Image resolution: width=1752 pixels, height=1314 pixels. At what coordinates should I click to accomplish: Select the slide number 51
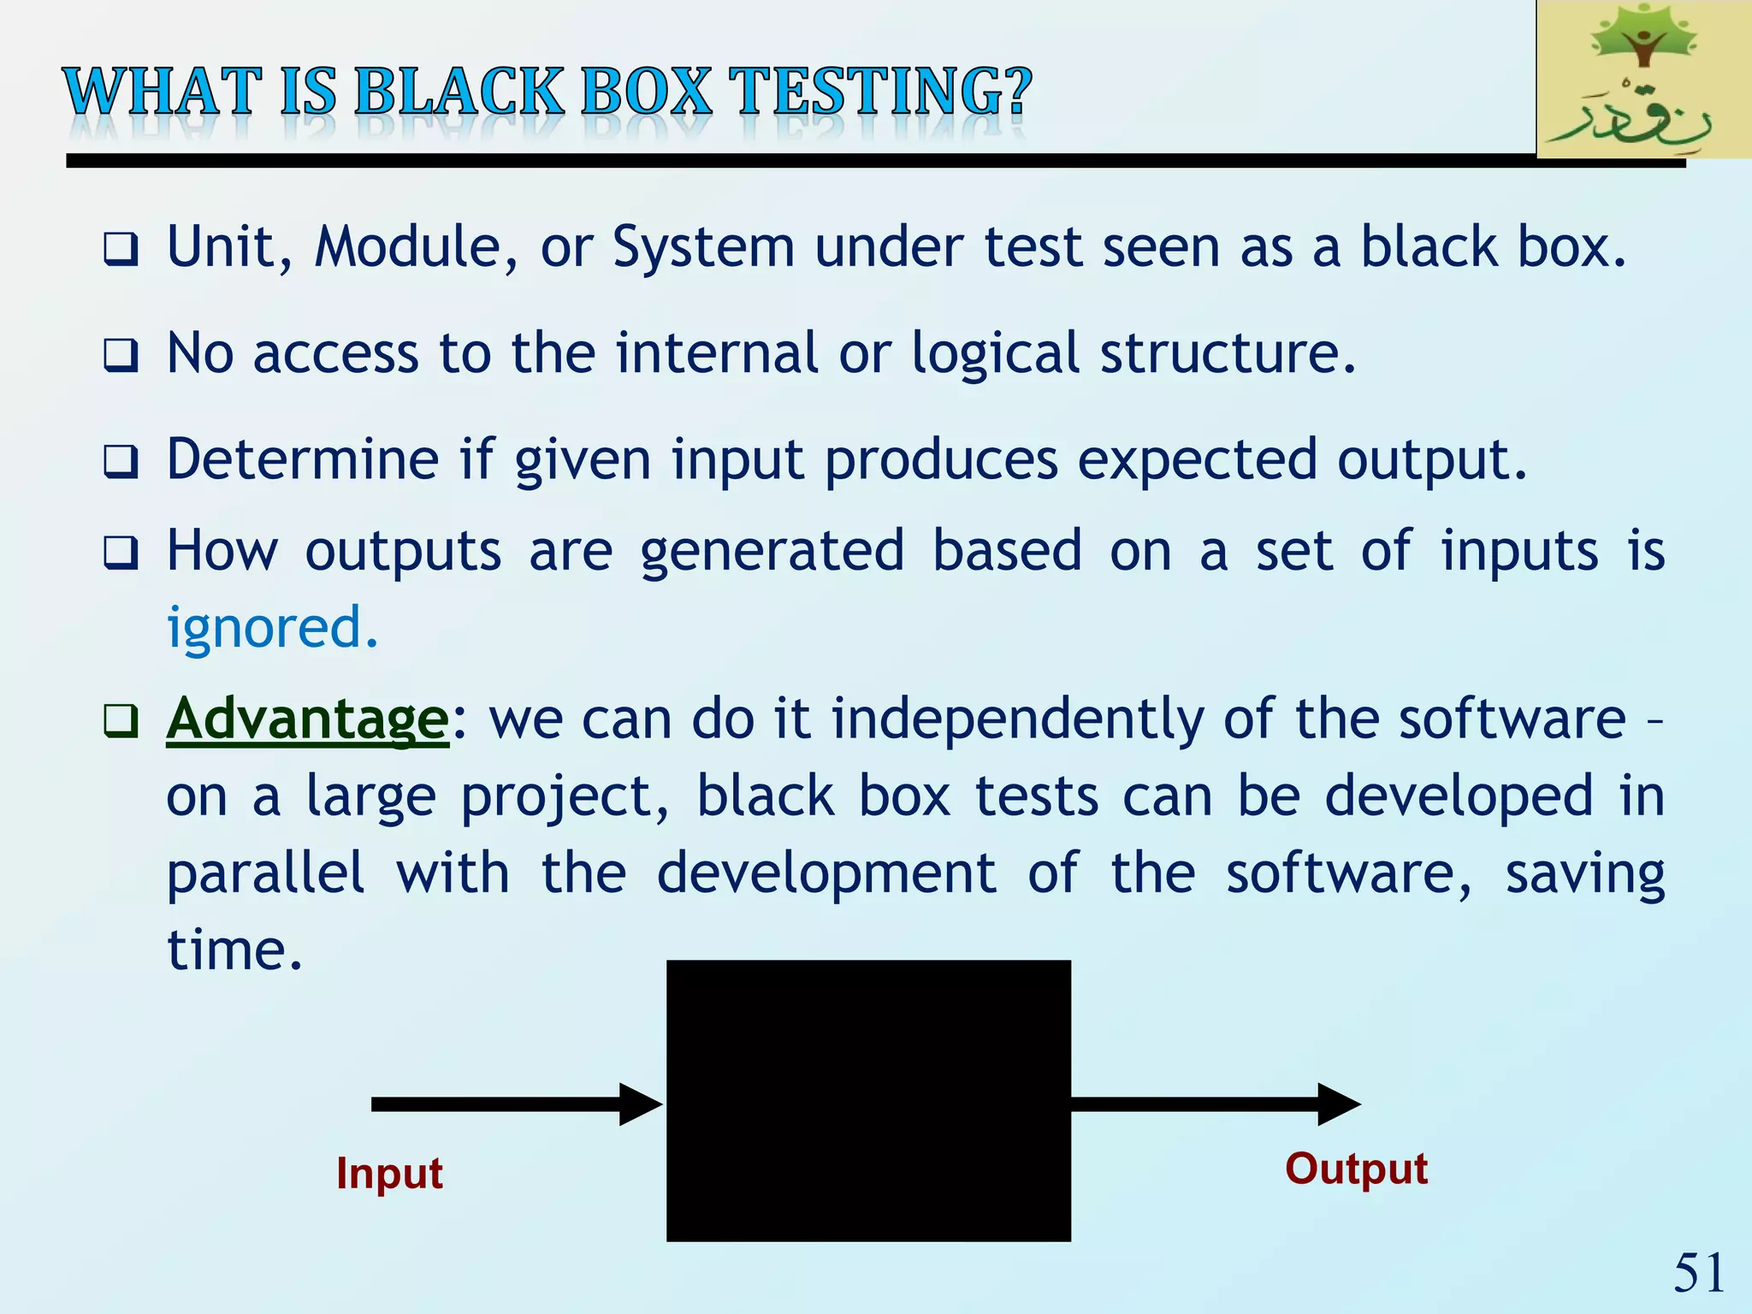1698,1273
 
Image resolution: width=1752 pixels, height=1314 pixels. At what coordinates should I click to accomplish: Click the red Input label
389,1173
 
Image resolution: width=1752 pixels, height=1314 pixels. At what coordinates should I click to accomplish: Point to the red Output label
1356,1169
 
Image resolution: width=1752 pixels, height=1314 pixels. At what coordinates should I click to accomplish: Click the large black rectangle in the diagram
868,1100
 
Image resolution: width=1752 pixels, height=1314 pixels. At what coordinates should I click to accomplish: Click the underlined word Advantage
307,719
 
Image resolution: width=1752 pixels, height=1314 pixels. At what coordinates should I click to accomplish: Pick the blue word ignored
271,629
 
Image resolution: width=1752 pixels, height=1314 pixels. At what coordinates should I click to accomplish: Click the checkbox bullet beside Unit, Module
121,250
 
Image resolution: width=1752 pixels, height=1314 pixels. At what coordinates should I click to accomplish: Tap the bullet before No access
121,355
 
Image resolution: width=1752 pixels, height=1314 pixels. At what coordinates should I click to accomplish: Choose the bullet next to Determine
121,462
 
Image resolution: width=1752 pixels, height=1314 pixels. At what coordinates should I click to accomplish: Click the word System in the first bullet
703,248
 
